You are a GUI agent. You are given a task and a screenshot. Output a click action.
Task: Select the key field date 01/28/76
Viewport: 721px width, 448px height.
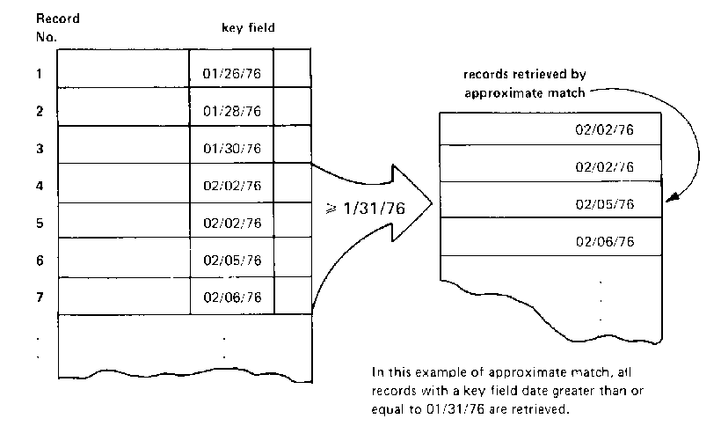pyautogui.click(x=232, y=112)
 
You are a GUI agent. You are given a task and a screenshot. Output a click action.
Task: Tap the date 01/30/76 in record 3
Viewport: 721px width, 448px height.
pyautogui.click(x=232, y=149)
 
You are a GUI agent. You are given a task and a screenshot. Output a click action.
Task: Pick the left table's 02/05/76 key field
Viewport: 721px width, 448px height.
pyautogui.click(x=232, y=261)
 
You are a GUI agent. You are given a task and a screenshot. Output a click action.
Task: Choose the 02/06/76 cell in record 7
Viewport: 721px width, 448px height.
pyautogui.click(x=232, y=298)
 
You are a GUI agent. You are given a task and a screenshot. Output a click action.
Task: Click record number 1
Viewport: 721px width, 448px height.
pyautogui.click(x=40, y=74)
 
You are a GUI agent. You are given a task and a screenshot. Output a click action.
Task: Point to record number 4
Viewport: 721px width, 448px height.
pyautogui.click(x=40, y=186)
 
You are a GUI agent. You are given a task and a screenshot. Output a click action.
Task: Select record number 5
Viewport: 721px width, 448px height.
pyautogui.click(x=40, y=224)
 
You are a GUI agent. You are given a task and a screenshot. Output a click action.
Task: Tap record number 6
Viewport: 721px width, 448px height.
pyautogui.click(x=40, y=261)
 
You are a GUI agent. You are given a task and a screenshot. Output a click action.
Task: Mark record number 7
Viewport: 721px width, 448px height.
pyautogui.click(x=40, y=297)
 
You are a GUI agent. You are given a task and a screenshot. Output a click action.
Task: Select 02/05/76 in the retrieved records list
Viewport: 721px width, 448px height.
pyautogui.click(x=604, y=204)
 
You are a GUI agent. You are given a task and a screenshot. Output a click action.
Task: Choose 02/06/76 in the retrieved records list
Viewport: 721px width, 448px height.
pyautogui.click(x=604, y=240)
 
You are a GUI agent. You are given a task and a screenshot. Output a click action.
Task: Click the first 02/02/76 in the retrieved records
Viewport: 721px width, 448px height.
pyautogui.click(x=604, y=129)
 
